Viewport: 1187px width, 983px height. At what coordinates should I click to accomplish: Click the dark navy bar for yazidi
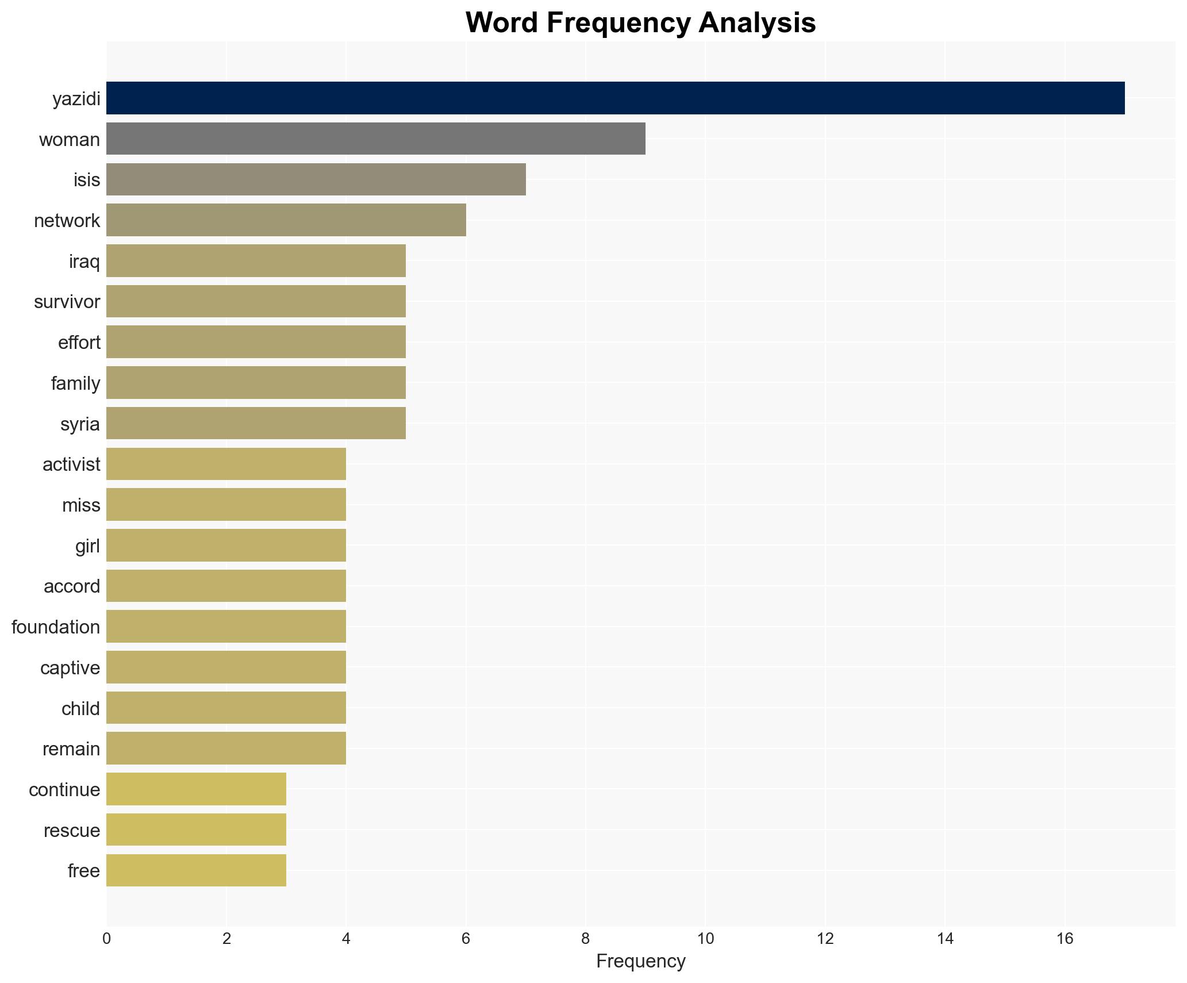point(615,98)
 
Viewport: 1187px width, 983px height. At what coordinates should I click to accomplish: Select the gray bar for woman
point(375,139)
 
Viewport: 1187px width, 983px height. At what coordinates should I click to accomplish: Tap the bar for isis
point(316,179)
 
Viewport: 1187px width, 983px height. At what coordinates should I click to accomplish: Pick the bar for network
point(286,220)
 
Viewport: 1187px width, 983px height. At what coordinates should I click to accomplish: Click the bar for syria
point(256,424)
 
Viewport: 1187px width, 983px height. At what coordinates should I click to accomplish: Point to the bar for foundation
point(226,627)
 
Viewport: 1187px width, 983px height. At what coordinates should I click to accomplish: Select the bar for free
point(196,870)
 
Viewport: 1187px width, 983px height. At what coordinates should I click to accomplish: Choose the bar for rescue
point(196,830)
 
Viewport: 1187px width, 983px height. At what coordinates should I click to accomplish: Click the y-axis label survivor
point(67,302)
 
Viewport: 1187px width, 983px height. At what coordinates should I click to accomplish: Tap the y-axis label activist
point(71,464)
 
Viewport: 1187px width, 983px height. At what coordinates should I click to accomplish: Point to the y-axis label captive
point(70,668)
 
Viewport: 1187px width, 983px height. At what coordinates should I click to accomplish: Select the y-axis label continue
point(64,790)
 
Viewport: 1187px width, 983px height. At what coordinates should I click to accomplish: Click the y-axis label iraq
point(84,262)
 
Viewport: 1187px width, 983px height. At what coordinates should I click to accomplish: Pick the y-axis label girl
point(87,546)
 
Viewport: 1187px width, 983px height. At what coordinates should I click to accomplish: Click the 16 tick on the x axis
point(1065,939)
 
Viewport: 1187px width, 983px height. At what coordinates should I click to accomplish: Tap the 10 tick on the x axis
point(705,939)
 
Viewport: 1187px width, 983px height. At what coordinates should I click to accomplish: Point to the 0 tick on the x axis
point(106,939)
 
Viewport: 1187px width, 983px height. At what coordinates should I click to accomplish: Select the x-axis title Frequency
point(640,961)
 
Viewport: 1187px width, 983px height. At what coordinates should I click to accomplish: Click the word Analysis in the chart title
point(757,23)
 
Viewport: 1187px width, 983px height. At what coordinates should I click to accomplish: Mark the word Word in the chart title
point(502,23)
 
